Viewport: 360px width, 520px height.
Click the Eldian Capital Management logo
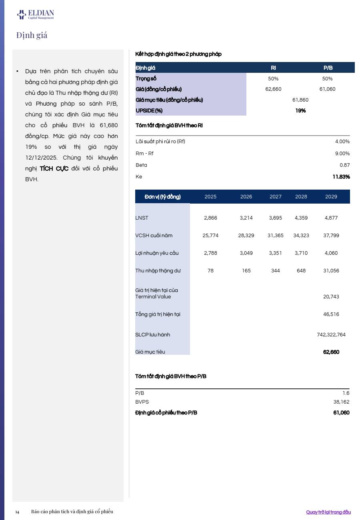click(x=35, y=15)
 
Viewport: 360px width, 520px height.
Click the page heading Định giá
click(x=32, y=35)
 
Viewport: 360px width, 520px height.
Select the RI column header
click(x=273, y=68)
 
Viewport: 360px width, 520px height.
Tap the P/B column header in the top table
click(x=328, y=68)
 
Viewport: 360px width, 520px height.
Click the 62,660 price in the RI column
click(x=273, y=89)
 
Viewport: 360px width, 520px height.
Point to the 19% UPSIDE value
click(x=300, y=110)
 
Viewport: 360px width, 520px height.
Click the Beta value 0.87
click(x=344, y=165)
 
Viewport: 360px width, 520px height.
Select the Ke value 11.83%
click(x=341, y=177)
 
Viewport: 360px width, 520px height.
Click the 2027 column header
click(x=276, y=197)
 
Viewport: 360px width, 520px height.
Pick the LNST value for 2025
click(x=210, y=218)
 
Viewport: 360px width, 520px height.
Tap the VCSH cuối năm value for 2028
click(x=301, y=236)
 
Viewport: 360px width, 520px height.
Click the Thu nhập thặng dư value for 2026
click(x=246, y=271)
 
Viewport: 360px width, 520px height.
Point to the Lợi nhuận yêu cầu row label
click(x=157, y=253)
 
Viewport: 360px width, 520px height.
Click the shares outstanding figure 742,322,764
click(x=331, y=335)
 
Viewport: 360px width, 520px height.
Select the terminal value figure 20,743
click(x=331, y=297)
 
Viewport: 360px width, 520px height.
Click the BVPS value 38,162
click(x=341, y=402)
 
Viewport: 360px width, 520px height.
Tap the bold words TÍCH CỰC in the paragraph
click(x=54, y=168)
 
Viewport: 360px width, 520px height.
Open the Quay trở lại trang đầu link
click(x=328, y=512)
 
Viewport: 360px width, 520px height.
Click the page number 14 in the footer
click(x=17, y=512)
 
